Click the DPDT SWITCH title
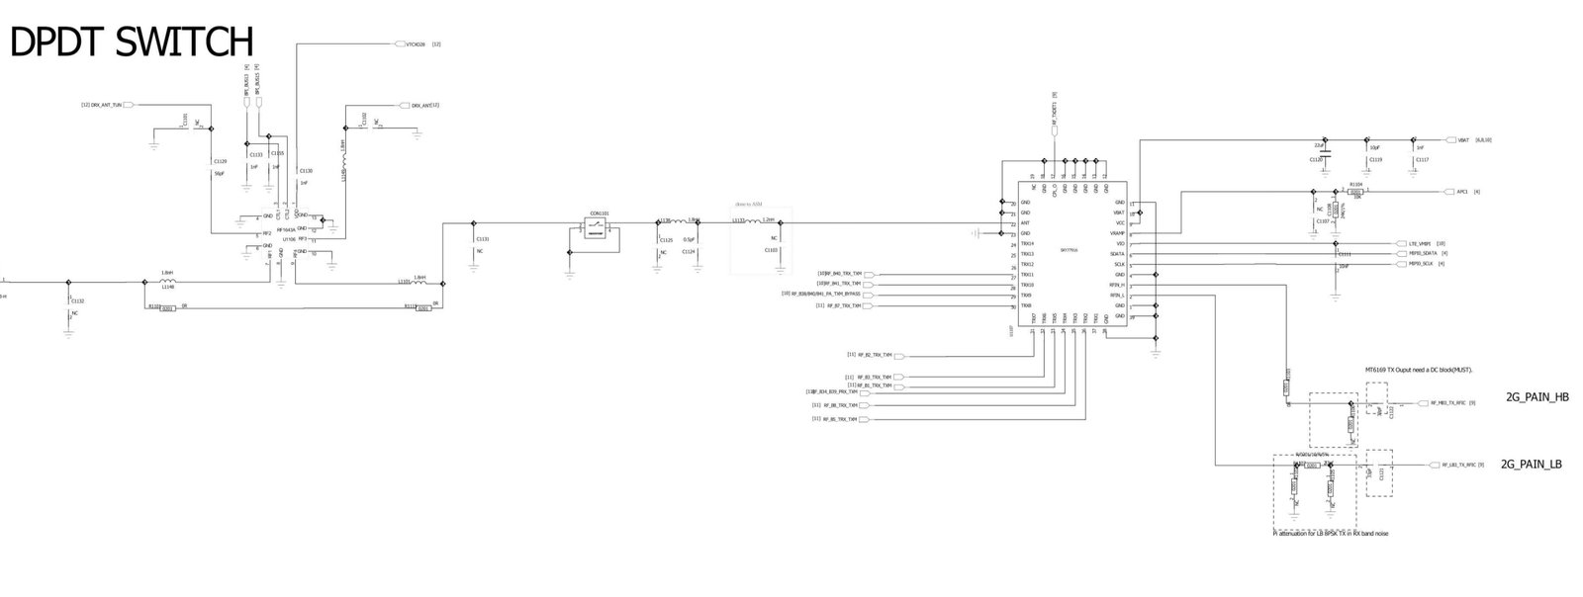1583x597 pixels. (132, 42)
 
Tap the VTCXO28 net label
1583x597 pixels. (415, 44)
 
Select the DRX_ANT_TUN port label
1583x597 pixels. (106, 105)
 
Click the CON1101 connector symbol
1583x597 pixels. (598, 226)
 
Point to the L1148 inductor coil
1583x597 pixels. (167, 281)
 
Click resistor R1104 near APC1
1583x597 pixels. (1355, 192)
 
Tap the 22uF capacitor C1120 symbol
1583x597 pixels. (1325, 152)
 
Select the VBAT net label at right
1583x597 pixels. (1464, 140)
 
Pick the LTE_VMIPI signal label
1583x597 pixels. (1420, 243)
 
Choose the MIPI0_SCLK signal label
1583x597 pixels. (1421, 264)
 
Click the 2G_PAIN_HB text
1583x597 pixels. (1536, 397)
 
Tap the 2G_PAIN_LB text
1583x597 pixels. (1531, 464)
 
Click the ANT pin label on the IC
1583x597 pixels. (1025, 223)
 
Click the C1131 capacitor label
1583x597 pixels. (482, 239)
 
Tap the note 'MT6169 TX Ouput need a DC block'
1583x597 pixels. (1419, 370)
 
